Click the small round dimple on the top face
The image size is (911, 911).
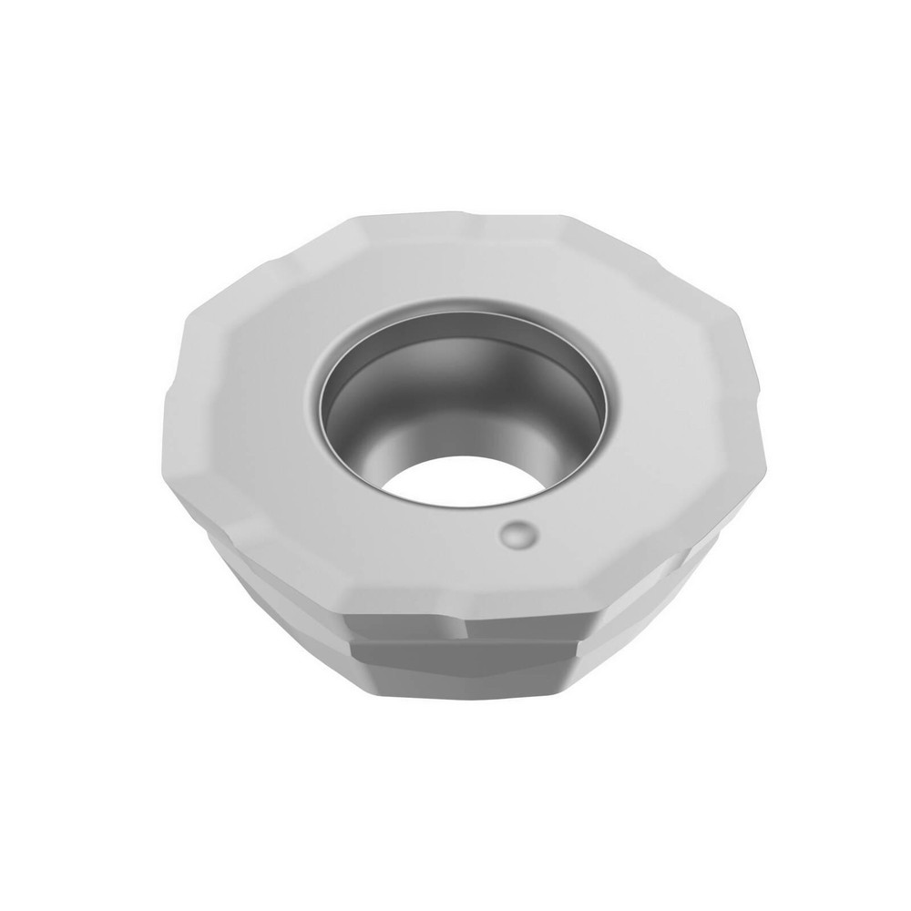tap(518, 534)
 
